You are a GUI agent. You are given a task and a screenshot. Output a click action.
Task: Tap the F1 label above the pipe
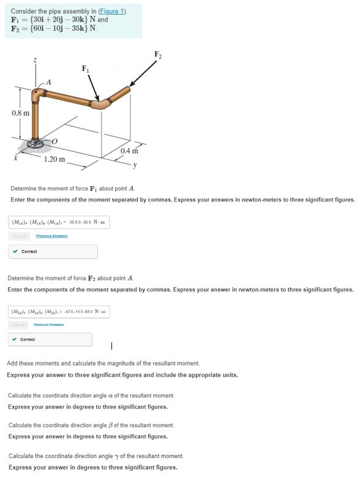point(86,69)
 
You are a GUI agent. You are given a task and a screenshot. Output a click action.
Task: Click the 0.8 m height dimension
point(20,113)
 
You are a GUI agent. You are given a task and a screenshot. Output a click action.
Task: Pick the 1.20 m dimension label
point(54,159)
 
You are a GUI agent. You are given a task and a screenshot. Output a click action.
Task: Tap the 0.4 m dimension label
point(132,151)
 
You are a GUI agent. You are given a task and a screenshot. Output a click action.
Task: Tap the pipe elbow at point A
point(38,94)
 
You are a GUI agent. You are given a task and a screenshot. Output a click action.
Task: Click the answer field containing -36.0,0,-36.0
point(59,222)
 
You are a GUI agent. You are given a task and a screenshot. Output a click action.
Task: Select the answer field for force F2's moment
point(59,312)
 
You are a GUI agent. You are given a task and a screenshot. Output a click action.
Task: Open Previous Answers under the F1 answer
point(51,236)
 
